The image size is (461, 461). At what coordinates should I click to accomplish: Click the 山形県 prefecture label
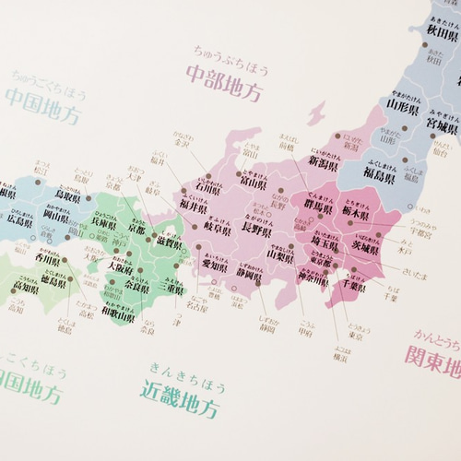pyautogui.click(x=404, y=105)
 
